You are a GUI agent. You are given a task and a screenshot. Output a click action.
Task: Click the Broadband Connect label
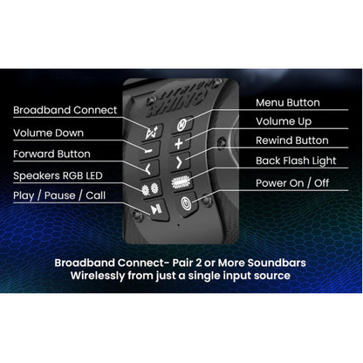click(65, 110)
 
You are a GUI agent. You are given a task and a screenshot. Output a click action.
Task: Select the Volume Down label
click(48, 133)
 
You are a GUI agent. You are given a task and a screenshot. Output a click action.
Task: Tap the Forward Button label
click(51, 154)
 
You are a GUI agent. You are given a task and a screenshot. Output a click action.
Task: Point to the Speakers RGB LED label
click(58, 175)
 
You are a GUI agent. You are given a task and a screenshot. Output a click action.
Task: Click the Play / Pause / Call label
click(59, 195)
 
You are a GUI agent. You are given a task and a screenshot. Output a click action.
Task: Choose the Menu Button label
click(288, 103)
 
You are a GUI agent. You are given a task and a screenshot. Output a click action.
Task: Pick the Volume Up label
click(284, 121)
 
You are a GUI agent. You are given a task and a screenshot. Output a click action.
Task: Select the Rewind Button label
click(292, 140)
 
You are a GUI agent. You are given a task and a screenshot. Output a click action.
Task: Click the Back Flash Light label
click(296, 161)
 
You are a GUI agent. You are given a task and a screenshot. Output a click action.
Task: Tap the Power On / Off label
click(292, 183)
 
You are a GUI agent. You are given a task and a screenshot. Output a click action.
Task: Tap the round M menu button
click(181, 125)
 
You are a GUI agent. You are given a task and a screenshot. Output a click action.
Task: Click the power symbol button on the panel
click(186, 203)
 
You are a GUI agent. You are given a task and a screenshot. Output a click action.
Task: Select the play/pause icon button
click(156, 209)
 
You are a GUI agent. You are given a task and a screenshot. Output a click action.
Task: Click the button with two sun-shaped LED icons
click(150, 189)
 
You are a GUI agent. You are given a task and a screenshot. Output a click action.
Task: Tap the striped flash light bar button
click(181, 182)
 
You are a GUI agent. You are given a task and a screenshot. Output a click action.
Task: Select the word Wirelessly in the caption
click(98, 276)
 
